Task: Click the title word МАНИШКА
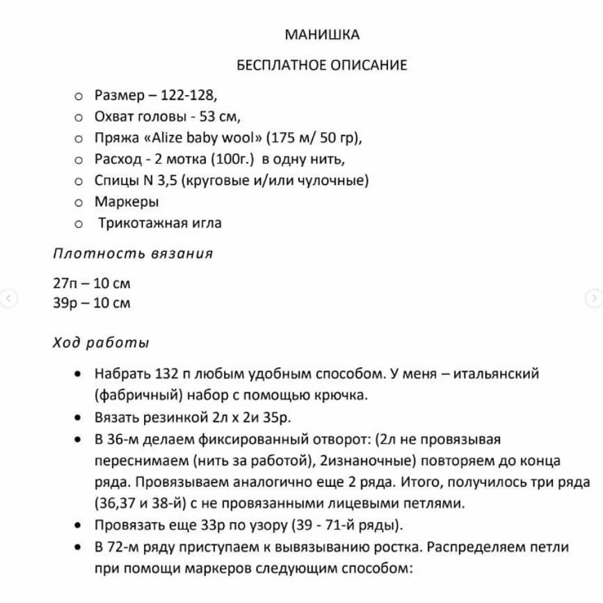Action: click(x=322, y=35)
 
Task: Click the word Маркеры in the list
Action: click(x=127, y=202)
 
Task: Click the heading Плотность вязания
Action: click(x=133, y=253)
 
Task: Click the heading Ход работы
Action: click(x=101, y=343)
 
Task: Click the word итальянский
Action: click(x=496, y=374)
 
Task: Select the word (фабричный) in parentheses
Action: click(x=133, y=396)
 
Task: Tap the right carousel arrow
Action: click(x=594, y=298)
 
